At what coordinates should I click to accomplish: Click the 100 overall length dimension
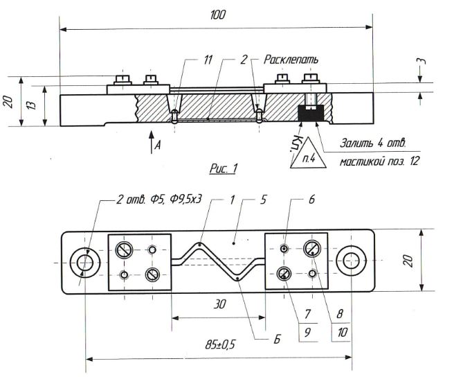[x=217, y=15]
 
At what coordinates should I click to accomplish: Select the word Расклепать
[x=291, y=60]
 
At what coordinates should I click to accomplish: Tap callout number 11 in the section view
[x=208, y=60]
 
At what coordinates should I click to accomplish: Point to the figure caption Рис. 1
[x=224, y=168]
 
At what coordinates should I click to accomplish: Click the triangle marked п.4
[x=308, y=153]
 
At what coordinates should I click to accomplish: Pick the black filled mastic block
[x=311, y=113]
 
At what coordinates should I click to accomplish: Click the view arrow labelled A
[x=151, y=142]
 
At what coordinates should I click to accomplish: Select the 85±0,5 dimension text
[x=220, y=344]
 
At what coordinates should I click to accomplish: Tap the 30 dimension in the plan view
[x=219, y=304]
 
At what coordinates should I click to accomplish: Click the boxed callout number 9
[x=307, y=332]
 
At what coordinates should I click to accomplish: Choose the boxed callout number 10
[x=341, y=332]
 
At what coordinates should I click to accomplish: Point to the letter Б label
[x=277, y=340]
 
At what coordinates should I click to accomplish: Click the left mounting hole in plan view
[x=84, y=263]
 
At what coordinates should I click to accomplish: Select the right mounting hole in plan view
[x=351, y=261]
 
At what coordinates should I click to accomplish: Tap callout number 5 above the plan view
[x=263, y=200]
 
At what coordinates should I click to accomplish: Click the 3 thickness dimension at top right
[x=423, y=61]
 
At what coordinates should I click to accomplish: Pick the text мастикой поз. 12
[x=379, y=161]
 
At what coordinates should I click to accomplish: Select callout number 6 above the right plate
[x=311, y=200]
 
